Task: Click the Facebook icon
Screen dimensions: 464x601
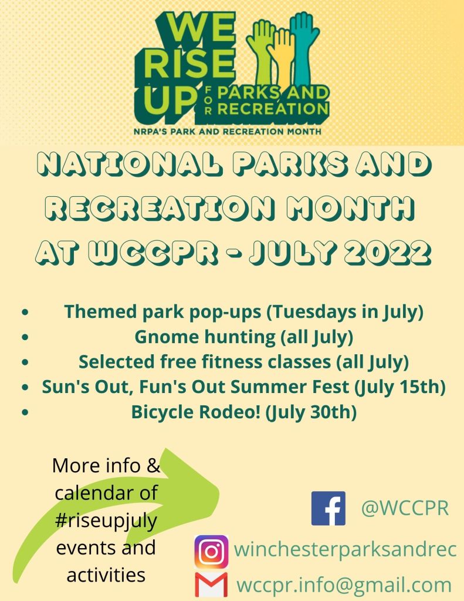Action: pos(328,508)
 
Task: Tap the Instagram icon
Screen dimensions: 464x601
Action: pos(211,552)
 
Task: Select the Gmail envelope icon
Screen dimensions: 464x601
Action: pos(211,585)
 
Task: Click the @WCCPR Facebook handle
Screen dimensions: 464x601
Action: pos(405,508)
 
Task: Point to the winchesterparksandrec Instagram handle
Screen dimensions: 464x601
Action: pos(345,549)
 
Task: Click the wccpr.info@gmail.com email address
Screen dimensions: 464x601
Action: pos(344,585)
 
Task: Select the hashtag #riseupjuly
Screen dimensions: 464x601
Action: pos(106,520)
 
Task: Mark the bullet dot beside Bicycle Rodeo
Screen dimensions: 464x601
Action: pos(25,412)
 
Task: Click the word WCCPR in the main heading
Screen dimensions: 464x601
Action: pos(153,253)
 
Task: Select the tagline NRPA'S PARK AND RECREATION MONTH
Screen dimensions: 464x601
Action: pos(228,131)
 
